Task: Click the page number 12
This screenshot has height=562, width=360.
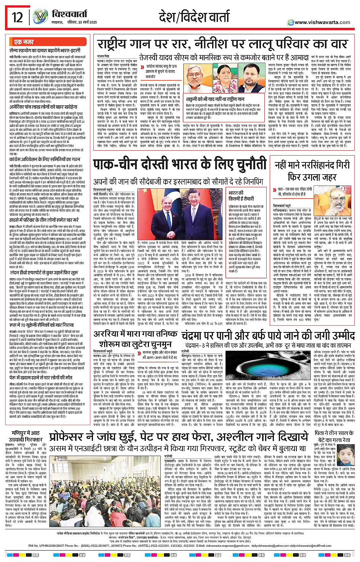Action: pyautogui.click(x=17, y=17)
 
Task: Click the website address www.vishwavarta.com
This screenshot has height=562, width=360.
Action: pyautogui.click(x=322, y=22)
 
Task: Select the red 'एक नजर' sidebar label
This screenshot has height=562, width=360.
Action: pyautogui.click(x=24, y=42)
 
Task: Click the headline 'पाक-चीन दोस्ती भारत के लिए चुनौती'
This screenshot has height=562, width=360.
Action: pyautogui.click(x=180, y=165)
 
